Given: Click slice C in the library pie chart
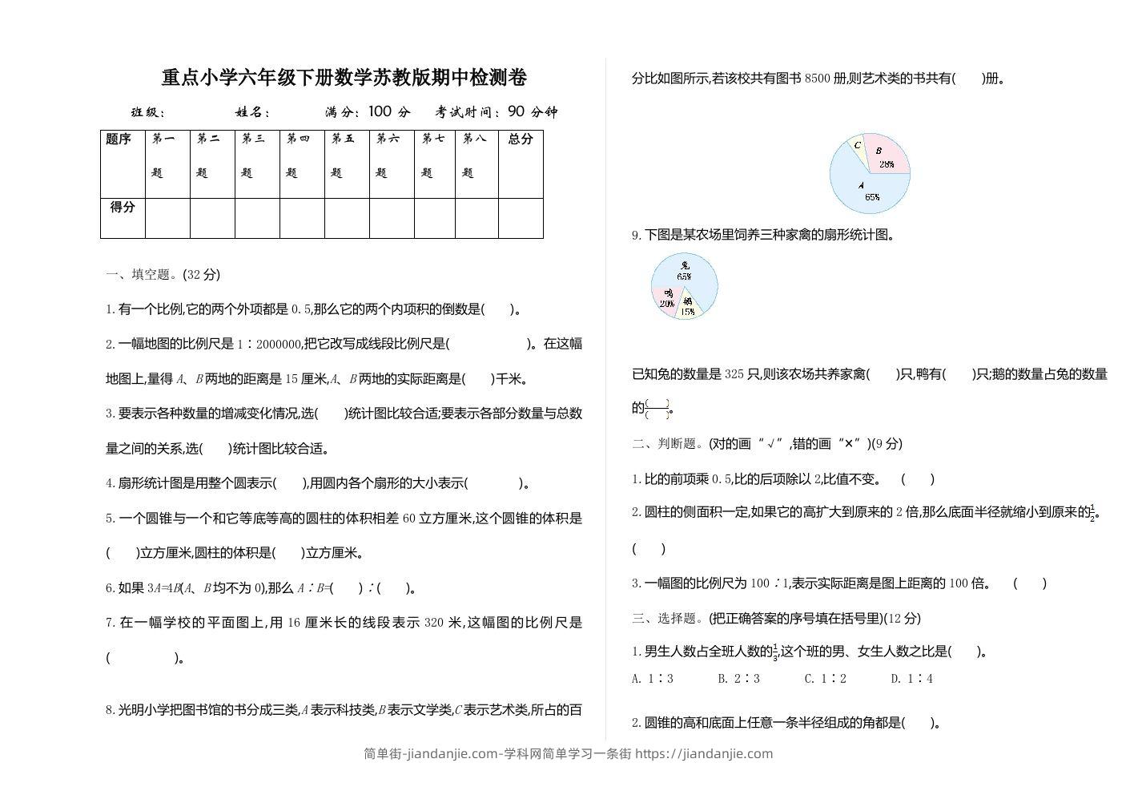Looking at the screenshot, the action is point(858,147).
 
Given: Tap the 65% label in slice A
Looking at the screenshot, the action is point(872,196).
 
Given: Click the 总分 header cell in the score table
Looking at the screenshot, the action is point(521,139).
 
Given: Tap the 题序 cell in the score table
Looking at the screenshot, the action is point(119,139).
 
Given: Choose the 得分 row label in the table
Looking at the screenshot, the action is point(123,208).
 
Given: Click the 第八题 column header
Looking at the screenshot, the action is point(476,155).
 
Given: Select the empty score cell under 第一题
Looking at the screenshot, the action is point(167,218).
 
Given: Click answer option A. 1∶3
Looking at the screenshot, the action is point(653,679).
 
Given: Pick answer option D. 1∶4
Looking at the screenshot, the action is point(911,679).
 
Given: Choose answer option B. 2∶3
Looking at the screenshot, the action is point(738,679).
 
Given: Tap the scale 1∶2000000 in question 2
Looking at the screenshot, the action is point(268,344).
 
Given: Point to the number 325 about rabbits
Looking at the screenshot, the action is point(734,374).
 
